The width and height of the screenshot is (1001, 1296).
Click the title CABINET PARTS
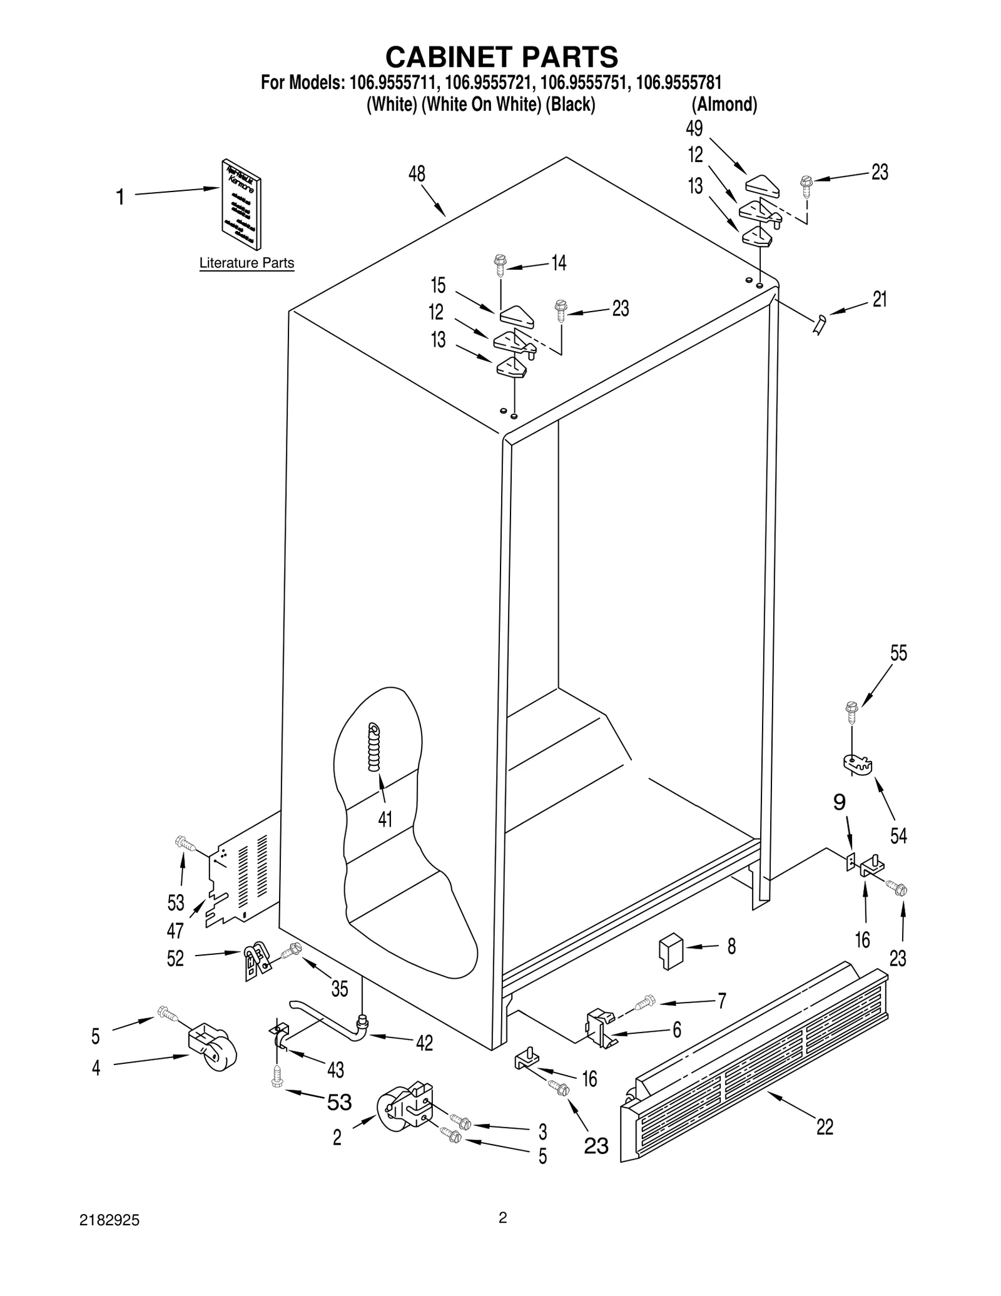point(501,57)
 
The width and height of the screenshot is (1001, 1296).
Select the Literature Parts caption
point(246,263)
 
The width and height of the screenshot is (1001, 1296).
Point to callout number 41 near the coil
point(385,819)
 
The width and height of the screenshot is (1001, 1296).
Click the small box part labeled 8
point(671,952)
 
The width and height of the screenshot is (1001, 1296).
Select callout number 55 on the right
point(898,653)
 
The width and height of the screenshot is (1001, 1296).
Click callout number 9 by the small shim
point(840,802)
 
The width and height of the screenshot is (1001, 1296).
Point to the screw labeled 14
point(500,265)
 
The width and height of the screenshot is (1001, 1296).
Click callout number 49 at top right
point(694,128)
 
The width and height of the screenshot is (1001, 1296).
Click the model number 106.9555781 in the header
point(678,83)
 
